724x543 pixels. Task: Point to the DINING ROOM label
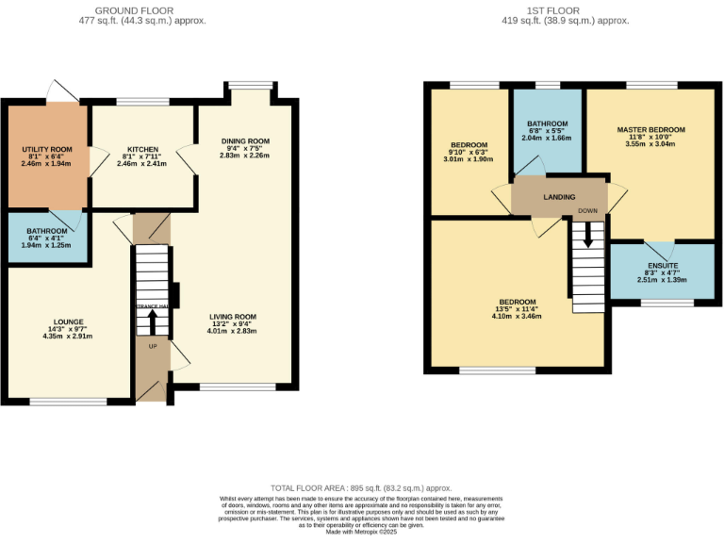pyautogui.click(x=246, y=141)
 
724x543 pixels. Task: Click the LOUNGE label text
pyautogui.click(x=68, y=321)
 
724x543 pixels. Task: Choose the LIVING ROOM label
pyautogui.click(x=232, y=317)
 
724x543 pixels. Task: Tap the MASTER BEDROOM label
pyautogui.click(x=650, y=129)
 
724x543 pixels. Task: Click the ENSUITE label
pyautogui.click(x=660, y=266)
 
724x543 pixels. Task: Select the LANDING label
pyautogui.click(x=560, y=197)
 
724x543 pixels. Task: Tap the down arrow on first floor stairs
pyautogui.click(x=588, y=234)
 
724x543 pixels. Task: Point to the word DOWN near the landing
pyautogui.click(x=588, y=211)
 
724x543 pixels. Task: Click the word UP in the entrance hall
pyautogui.click(x=152, y=345)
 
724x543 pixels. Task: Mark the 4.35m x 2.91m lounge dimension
pyautogui.click(x=68, y=337)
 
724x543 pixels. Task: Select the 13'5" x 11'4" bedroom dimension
pyautogui.click(x=516, y=308)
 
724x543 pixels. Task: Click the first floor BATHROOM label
pyautogui.click(x=547, y=123)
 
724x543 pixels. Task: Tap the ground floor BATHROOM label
pyautogui.click(x=47, y=231)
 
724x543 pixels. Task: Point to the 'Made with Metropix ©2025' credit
pyautogui.click(x=362, y=532)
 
